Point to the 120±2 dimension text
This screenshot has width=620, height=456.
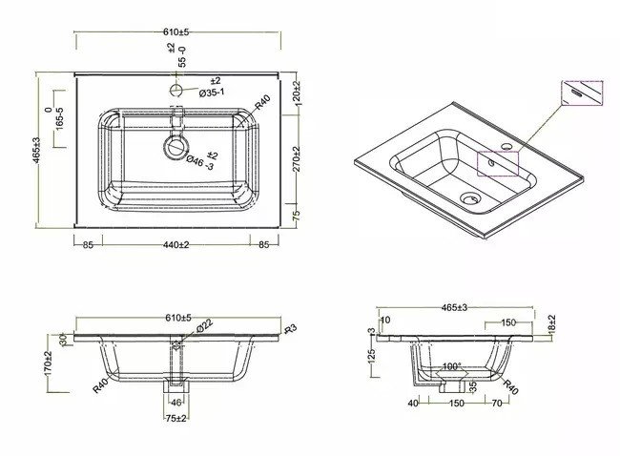point(297,95)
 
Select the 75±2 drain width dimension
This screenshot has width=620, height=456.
point(176,416)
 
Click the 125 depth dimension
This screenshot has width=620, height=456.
point(372,355)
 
